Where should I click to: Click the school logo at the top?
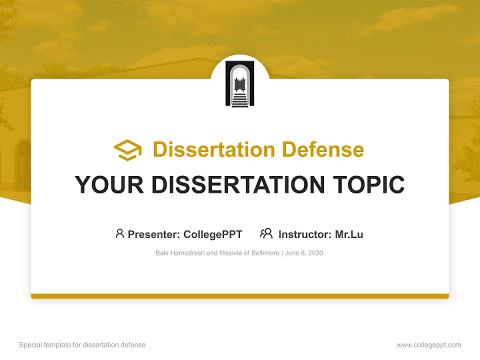coord(240,83)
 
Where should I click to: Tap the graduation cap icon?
coord(127,150)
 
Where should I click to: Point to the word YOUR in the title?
coord(108,185)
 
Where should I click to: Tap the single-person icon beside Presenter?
coord(119,233)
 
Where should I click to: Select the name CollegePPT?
coord(213,234)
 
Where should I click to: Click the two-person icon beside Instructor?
coord(266,233)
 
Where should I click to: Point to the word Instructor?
coord(304,234)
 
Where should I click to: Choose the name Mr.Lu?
coord(349,234)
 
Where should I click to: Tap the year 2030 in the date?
coord(315,253)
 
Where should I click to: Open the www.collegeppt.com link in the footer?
coord(428,345)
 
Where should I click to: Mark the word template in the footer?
coord(56,345)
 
